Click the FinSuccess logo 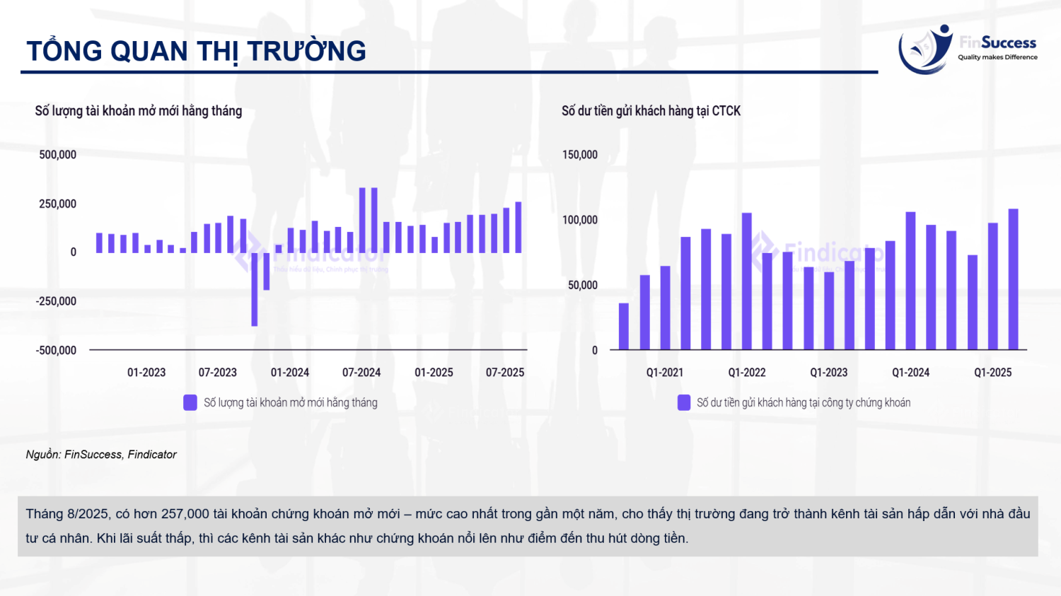tap(966, 49)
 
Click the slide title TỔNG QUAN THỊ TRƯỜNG tap(196, 52)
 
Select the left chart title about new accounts tap(139, 111)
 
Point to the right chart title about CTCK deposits tap(651, 111)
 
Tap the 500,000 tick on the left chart tap(58, 155)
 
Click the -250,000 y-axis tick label tap(57, 301)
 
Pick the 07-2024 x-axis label tap(361, 373)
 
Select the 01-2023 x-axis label tap(146, 373)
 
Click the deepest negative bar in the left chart tap(255, 289)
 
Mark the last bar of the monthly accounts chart tap(518, 228)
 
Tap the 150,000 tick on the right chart tap(580, 155)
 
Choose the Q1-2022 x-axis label tap(747, 373)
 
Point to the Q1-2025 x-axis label tap(992, 373)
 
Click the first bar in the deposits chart tap(624, 327)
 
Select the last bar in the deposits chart tap(1013, 279)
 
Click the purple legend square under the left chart tap(190, 402)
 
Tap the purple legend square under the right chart tap(684, 402)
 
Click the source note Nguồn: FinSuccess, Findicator tap(101, 455)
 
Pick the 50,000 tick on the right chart tap(583, 285)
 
